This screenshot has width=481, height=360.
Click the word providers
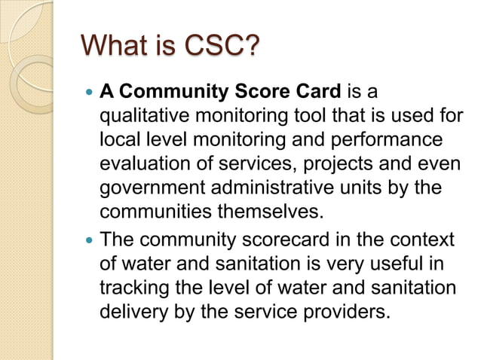[345, 310]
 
